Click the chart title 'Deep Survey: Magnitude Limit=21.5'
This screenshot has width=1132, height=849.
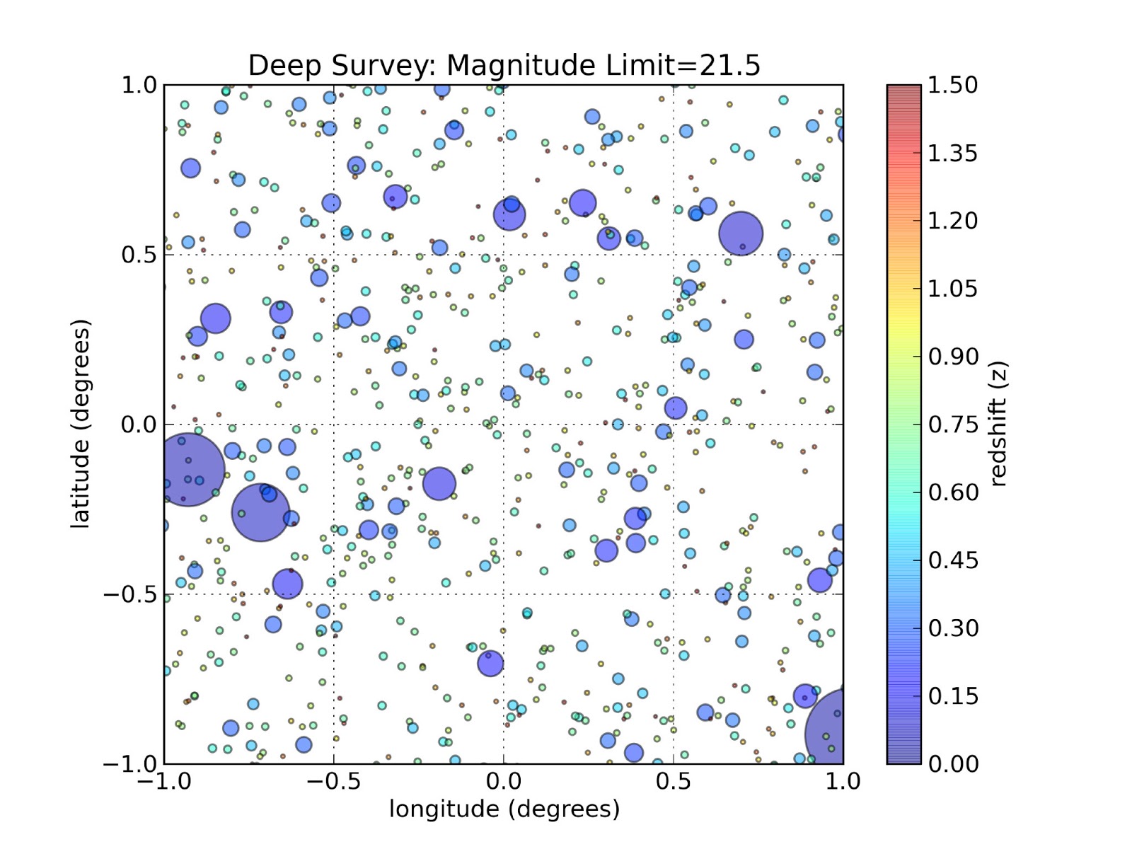(504, 65)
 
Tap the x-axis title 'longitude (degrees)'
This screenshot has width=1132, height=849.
(504, 809)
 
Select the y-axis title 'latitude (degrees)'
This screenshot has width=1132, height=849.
(81, 424)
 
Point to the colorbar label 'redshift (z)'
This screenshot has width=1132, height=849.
(998, 424)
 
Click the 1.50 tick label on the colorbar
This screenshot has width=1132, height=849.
(952, 85)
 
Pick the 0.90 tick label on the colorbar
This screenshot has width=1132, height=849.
(952, 357)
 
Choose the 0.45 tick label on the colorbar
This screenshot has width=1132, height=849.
(952, 560)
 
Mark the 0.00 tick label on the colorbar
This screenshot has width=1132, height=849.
(952, 764)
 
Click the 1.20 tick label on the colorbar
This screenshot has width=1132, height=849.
(952, 221)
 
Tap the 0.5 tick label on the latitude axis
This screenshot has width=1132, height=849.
(139, 255)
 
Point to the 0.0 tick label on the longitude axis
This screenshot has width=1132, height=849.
(504, 782)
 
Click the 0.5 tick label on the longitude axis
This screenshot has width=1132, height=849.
(674, 782)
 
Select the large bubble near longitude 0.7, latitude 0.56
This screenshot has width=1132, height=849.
(741, 233)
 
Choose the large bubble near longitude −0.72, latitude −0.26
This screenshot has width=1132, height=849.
(261, 512)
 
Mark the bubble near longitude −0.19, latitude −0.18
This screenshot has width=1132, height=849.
(439, 484)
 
